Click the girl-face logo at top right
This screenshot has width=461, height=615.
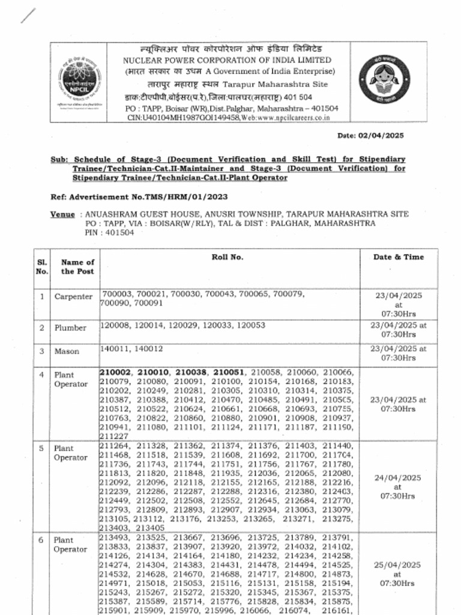click(x=384, y=83)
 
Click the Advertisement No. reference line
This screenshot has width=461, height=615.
click(x=139, y=196)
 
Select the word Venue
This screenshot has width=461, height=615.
click(x=62, y=214)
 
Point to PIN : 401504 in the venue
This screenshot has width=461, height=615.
click(x=109, y=232)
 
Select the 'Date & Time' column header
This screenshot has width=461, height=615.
click(x=398, y=257)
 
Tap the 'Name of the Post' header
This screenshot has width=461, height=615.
click(x=77, y=267)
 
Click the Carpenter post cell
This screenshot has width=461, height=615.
click(x=73, y=297)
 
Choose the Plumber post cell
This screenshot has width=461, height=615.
click(x=71, y=328)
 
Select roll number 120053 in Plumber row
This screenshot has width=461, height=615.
click(x=252, y=325)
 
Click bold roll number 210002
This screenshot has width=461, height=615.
click(x=116, y=373)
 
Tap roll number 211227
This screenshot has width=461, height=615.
click(x=114, y=436)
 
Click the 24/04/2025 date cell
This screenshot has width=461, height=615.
click(x=398, y=487)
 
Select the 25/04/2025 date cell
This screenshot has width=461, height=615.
click(x=398, y=574)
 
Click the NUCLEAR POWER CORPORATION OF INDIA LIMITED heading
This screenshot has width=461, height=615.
click(x=227, y=60)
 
